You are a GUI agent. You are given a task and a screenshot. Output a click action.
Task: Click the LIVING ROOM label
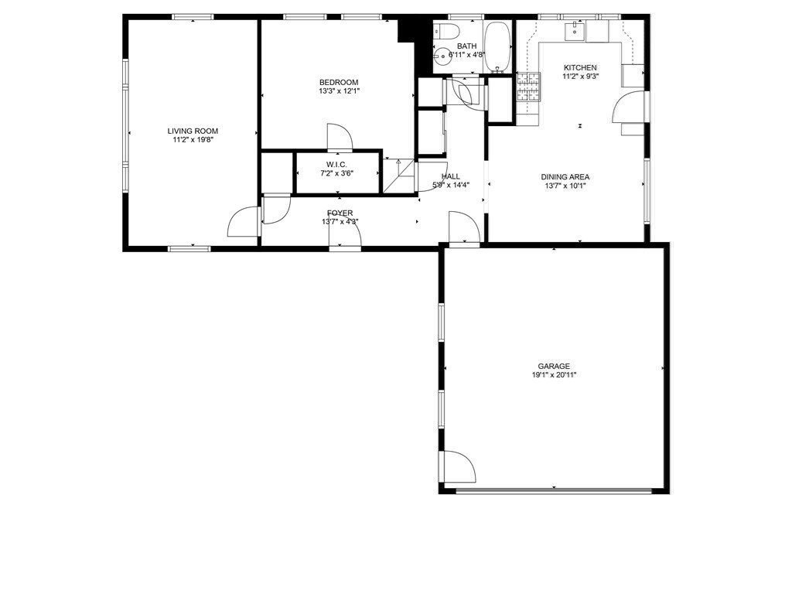[193, 131]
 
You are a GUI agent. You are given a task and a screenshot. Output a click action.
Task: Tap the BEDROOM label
[339, 82]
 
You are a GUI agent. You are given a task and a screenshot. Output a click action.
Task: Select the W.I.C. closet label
[337, 165]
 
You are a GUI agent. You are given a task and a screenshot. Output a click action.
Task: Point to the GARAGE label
[554, 366]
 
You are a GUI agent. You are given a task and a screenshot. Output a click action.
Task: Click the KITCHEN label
[580, 68]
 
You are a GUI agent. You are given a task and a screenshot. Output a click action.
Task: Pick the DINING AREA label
[565, 177]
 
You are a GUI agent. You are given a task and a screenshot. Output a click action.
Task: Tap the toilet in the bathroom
[446, 30]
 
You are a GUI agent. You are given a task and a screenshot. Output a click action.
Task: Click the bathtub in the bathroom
[497, 46]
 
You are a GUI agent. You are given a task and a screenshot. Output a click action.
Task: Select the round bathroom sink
[443, 56]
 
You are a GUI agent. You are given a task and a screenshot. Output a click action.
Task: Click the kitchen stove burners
[528, 87]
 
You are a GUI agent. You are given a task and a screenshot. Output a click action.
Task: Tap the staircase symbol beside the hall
[398, 176]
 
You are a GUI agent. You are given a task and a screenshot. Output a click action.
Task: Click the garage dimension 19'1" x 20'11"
[554, 375]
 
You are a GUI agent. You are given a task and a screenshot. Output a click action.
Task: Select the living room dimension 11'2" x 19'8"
[193, 140]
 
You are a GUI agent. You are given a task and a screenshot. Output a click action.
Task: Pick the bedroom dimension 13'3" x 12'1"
[339, 91]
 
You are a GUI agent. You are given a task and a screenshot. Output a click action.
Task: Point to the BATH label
[466, 46]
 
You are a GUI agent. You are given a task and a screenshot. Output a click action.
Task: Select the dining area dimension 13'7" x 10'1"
[565, 186]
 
